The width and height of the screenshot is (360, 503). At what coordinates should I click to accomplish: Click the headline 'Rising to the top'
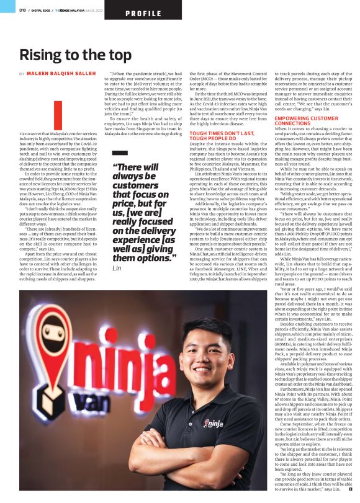(x=75, y=55)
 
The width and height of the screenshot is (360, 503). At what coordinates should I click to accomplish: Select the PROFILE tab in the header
(x=143, y=13)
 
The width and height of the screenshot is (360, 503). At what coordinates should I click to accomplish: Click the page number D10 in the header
(x=22, y=11)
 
